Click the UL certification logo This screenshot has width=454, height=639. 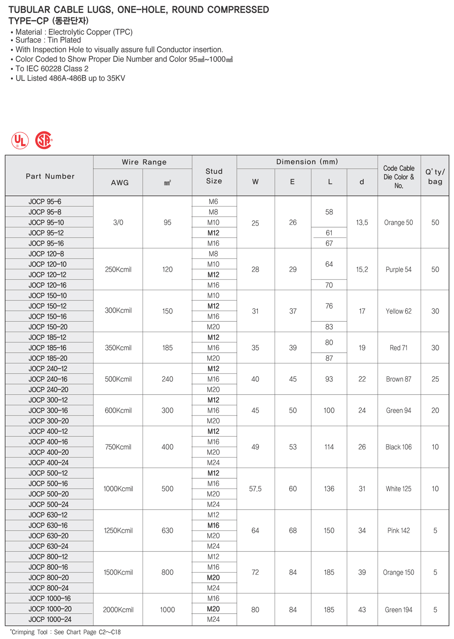[20, 140]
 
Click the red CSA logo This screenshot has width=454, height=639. [43, 140]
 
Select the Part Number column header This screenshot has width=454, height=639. [50, 176]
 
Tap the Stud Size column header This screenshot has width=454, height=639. [214, 176]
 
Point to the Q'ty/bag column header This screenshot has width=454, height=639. [435, 176]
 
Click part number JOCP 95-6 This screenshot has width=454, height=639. [45, 202]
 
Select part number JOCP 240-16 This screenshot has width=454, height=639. [48, 379]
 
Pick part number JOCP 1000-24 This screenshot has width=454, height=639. [50, 619]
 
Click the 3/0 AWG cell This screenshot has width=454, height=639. [118, 223]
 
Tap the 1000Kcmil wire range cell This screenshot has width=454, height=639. [118, 489]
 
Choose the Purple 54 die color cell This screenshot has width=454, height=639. [398, 269]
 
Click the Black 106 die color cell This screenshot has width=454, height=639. [398, 447]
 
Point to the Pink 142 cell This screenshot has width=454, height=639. [398, 531]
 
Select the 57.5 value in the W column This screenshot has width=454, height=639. [255, 489]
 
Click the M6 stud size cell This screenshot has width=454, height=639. [213, 202]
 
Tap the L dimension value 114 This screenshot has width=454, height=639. [329, 447]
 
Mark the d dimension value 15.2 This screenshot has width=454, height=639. [362, 269]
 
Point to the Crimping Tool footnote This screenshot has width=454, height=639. [65, 632]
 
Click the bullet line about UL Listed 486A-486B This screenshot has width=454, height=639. [70, 78]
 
